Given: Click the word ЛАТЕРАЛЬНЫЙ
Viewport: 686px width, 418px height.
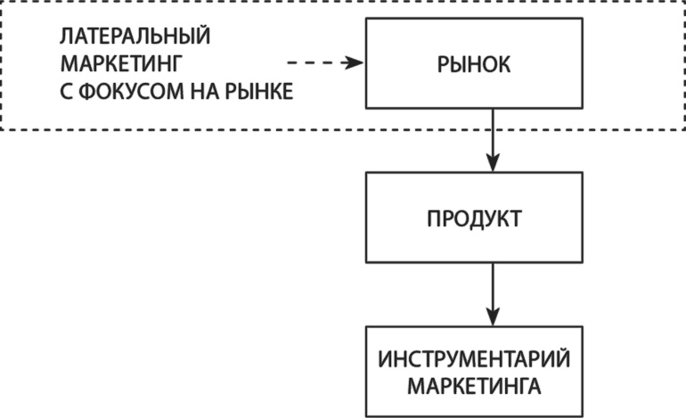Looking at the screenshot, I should pos(135,38).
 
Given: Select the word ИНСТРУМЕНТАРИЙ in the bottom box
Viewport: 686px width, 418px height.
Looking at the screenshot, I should pos(473,361).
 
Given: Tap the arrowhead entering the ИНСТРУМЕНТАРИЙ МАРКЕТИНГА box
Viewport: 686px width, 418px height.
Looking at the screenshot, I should pos(491,319).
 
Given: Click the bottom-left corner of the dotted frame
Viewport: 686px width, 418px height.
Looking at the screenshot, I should pos(2,130).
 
